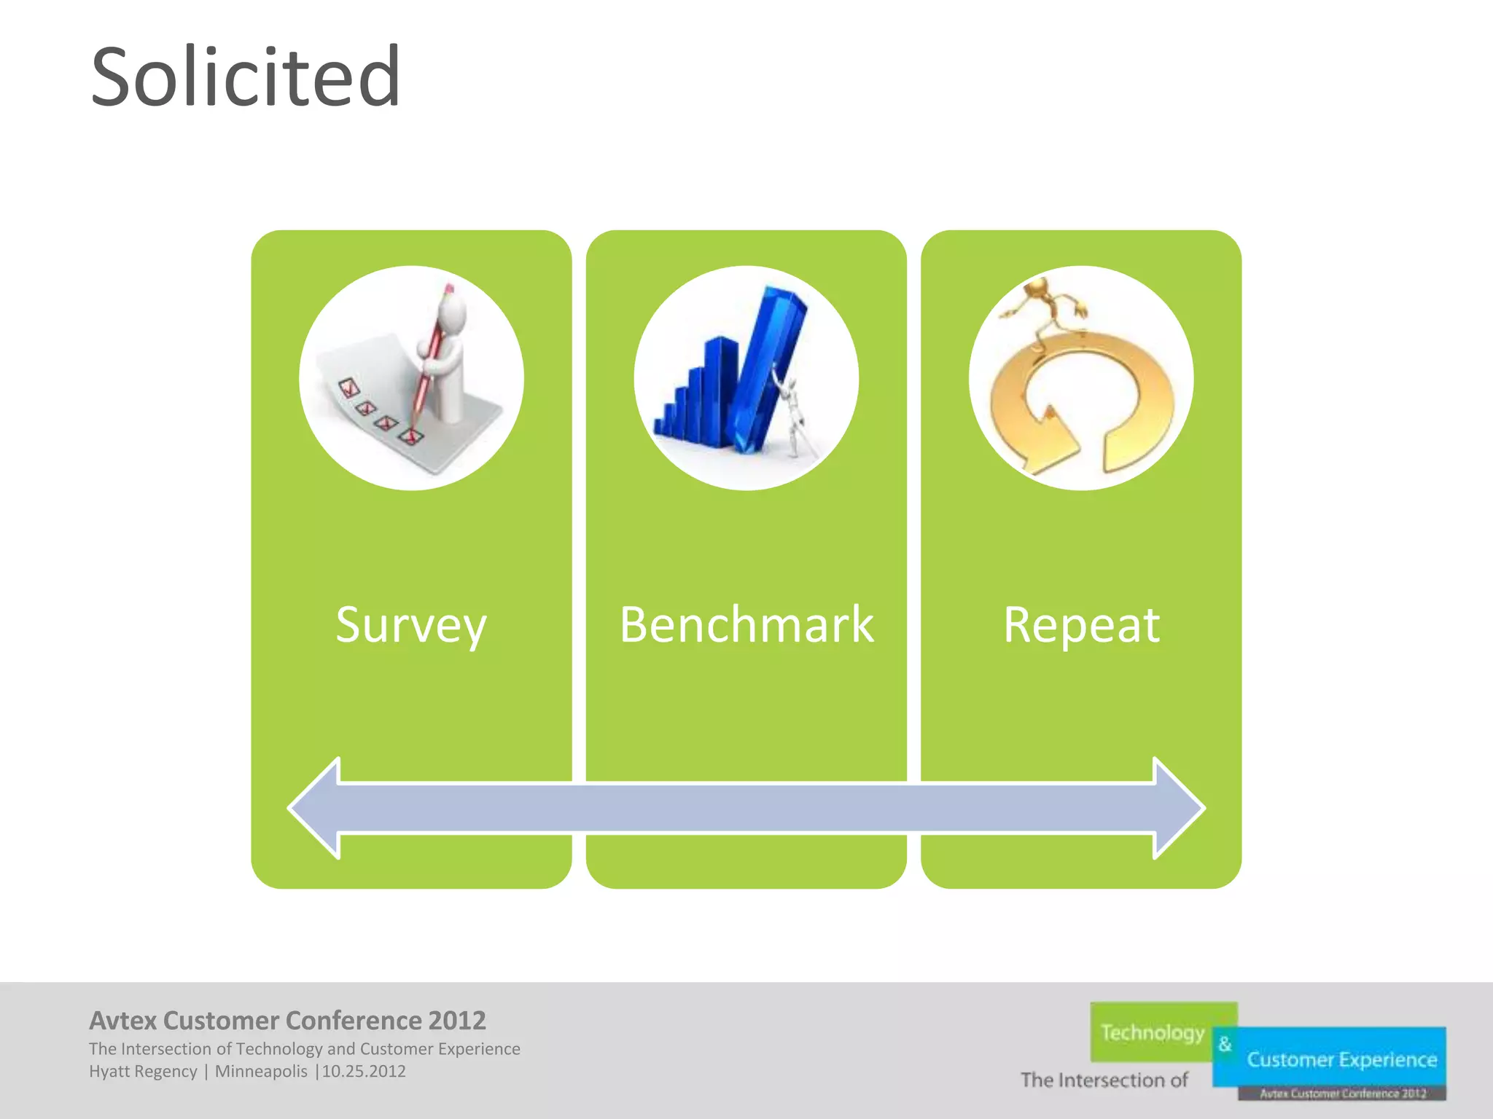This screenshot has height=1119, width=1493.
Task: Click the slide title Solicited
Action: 246,76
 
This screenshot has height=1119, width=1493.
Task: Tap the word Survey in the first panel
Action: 410,625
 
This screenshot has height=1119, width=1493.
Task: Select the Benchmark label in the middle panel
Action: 746,625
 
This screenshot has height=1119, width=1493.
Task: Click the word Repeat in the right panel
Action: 1081,625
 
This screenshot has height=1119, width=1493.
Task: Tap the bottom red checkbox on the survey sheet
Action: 410,436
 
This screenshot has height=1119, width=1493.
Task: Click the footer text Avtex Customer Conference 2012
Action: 287,1020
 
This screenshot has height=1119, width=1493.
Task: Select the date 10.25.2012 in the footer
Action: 364,1072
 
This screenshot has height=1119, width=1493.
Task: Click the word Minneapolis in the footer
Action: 261,1072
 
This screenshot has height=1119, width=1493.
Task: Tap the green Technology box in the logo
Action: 1152,1032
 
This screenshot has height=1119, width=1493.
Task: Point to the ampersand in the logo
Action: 1225,1044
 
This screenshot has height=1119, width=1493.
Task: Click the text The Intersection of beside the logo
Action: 1104,1080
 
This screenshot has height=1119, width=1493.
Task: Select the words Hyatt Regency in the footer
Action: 143,1072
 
